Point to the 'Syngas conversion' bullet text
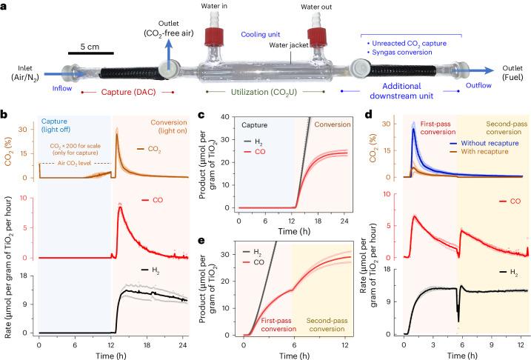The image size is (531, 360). [x=405, y=53]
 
